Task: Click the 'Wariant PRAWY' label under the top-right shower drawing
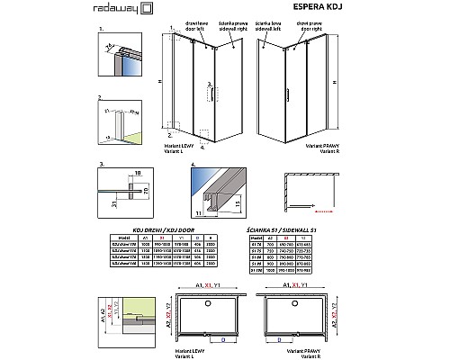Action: [x=326, y=144]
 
